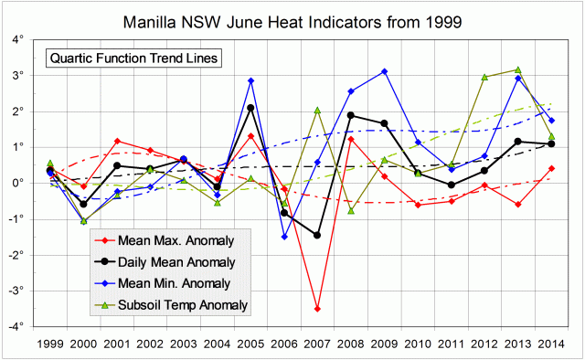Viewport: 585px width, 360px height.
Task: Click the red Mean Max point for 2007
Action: pyautogui.click(x=317, y=309)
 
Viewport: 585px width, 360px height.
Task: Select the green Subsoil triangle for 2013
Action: pyautogui.click(x=518, y=69)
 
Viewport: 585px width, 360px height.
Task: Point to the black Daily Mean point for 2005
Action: pyautogui.click(x=250, y=108)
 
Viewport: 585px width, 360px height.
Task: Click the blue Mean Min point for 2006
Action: pyautogui.click(x=284, y=237)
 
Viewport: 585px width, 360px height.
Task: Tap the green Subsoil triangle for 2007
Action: pyautogui.click(x=317, y=111)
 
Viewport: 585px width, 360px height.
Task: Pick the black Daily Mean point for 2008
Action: pyautogui.click(x=351, y=115)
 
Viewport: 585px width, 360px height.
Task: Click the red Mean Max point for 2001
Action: pyautogui.click(x=117, y=141)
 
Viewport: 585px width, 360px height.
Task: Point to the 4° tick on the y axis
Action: pyautogui.click(x=28, y=40)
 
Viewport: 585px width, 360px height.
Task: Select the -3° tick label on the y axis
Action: pyautogui.click(x=27, y=291)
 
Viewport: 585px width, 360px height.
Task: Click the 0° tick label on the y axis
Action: pyautogui.click(x=28, y=183)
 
